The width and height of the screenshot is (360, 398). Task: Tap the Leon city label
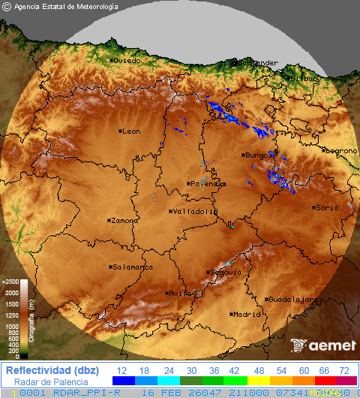click(130, 131)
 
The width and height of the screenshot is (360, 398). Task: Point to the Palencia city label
click(207, 183)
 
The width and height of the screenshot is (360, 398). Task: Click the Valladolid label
click(194, 212)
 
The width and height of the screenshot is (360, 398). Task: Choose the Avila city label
click(180, 293)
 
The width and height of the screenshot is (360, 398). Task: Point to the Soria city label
click(326, 207)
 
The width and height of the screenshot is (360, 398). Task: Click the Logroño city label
click(340, 150)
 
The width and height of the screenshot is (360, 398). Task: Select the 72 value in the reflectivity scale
click(344, 370)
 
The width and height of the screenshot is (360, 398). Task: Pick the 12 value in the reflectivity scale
click(121, 370)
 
